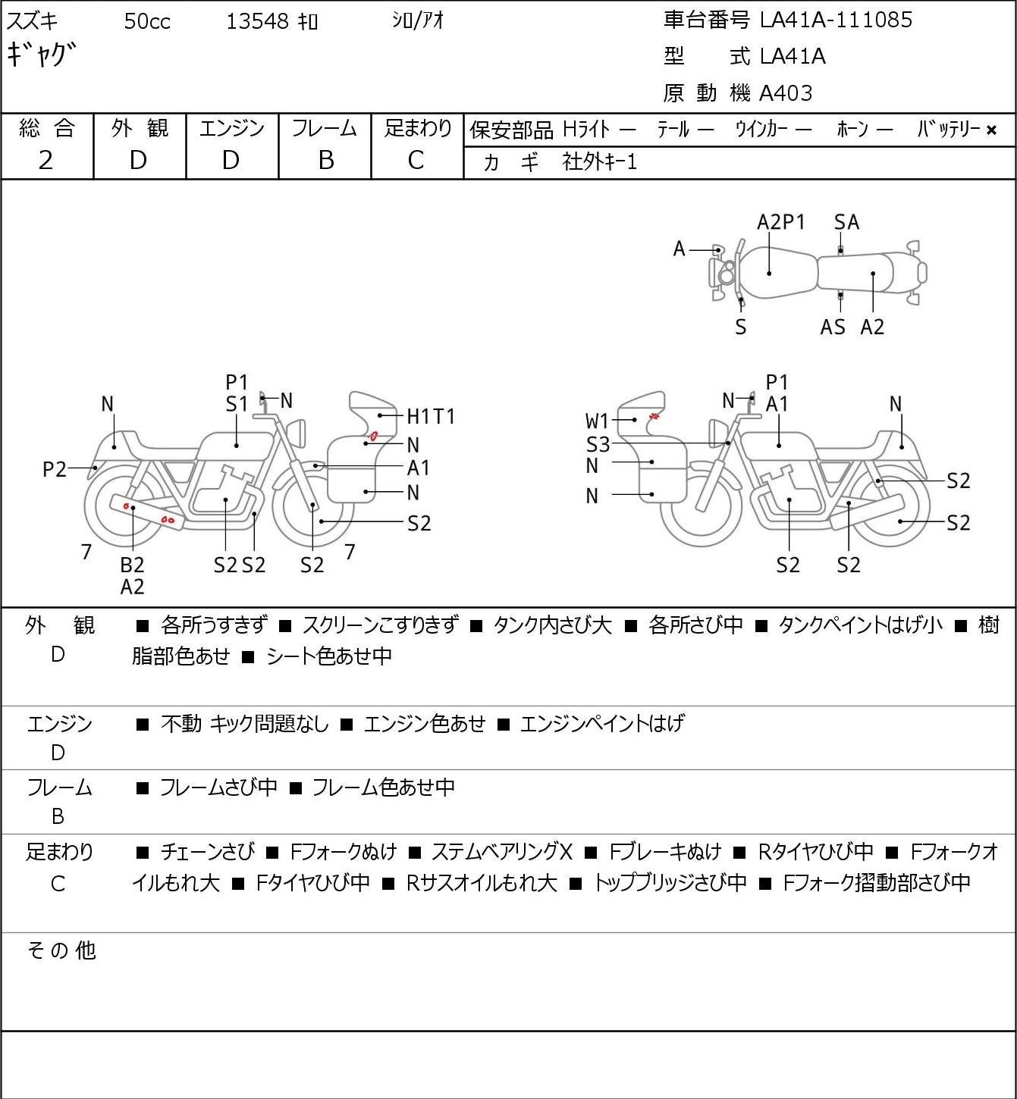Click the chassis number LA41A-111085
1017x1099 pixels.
pos(836,20)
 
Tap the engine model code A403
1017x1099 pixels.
pos(786,93)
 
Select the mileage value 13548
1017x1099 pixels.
pos(257,21)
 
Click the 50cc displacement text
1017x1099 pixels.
pos(147,22)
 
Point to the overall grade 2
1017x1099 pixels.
pos(46,161)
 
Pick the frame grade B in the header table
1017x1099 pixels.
pos(325,161)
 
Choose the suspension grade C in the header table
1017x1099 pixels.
pos(416,161)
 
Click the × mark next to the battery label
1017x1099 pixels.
pos(991,130)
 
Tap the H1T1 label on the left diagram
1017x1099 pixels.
pos(431,417)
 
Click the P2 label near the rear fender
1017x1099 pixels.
pos(55,470)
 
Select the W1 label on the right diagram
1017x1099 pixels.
pos(597,421)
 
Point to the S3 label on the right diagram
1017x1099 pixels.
pos(598,444)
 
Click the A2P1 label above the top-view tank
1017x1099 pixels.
pos(780,222)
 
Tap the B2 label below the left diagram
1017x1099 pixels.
pos(132,565)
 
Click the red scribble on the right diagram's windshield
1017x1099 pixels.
pos(654,416)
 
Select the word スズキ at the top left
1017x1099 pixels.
pos(32,21)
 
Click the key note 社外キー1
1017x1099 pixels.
pos(600,162)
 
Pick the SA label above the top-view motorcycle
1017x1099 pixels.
pos(846,222)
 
